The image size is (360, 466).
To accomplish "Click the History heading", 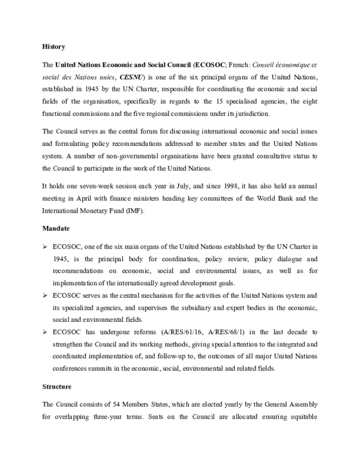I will [x=53, y=46].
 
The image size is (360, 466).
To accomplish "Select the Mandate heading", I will [x=56, y=228].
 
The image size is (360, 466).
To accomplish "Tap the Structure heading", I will [x=58, y=387].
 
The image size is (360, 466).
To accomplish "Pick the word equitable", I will [x=302, y=415].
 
